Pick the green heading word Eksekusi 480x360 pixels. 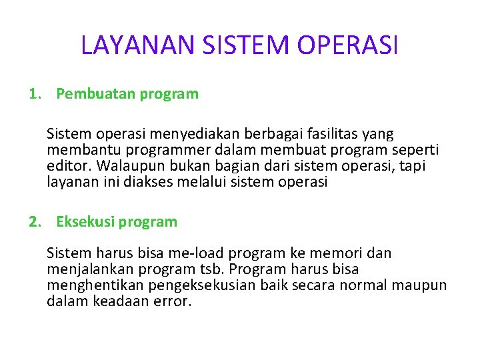pos(85,222)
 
